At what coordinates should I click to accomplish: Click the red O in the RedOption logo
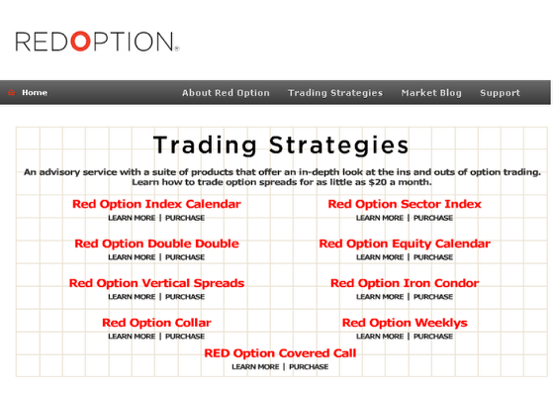pos(80,41)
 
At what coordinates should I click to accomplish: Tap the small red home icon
pos(11,92)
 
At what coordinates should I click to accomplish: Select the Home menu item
pos(35,93)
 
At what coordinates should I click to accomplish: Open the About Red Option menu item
pos(226,93)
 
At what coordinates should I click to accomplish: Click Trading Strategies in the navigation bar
pos(335,93)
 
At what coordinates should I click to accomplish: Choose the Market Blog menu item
pos(431,93)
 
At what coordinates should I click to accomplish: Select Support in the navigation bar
pos(500,93)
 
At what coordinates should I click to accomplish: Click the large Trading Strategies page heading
pos(281,146)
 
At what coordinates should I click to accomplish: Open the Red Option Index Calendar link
pos(156,204)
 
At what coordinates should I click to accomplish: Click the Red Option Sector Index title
pos(405,204)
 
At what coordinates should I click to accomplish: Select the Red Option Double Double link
pos(156,244)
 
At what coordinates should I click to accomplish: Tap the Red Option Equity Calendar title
pos(405,244)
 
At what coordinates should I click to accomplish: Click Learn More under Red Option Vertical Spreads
pos(132,297)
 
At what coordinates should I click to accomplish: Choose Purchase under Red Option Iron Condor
pos(433,297)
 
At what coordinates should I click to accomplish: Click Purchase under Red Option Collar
pos(185,337)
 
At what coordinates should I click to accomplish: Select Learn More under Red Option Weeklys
pos(380,337)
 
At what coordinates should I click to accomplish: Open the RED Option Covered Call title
pos(280,353)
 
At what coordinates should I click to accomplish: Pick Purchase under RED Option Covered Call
pos(309,367)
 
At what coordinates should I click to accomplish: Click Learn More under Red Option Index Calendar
pos(132,218)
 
